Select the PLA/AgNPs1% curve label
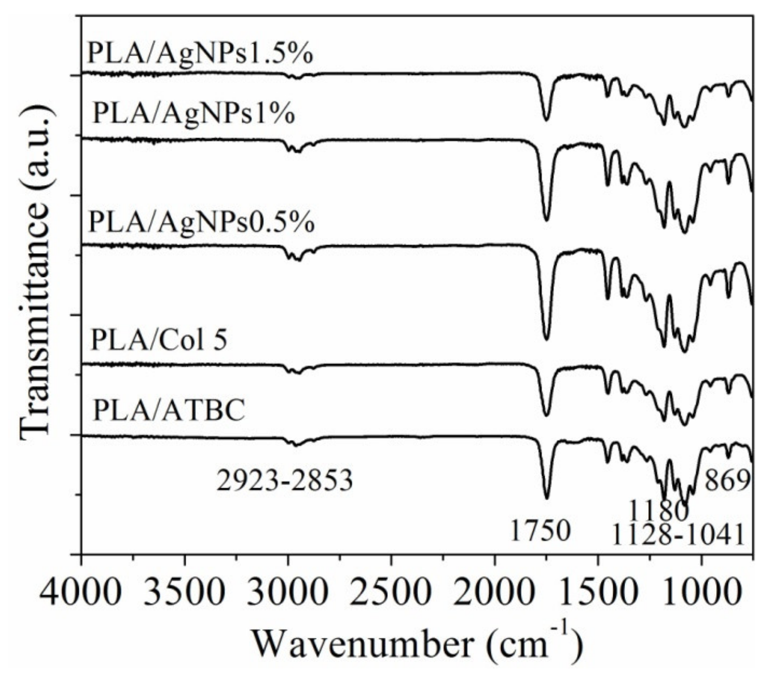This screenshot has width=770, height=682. coord(194,113)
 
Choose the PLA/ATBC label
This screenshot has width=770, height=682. coord(169,410)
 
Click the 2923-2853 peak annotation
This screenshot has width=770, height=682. coord(285,481)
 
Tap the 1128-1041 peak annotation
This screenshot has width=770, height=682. coord(678,535)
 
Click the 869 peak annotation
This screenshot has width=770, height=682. coord(727,481)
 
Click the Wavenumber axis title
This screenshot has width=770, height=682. coord(417,643)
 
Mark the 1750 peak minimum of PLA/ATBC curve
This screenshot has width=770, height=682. coord(546,498)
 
